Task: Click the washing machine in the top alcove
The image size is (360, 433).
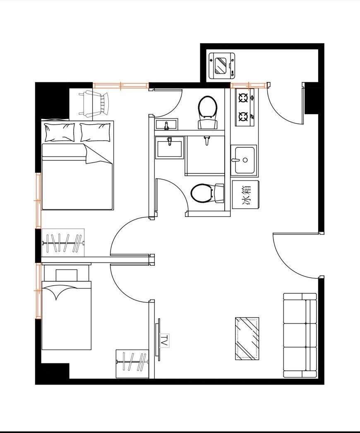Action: pos(222,65)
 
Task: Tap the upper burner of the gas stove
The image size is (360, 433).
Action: pos(243,97)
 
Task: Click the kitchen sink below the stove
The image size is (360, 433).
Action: pos(244,160)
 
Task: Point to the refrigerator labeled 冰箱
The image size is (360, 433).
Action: pos(245,195)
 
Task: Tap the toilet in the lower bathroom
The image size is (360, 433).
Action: pos(207,193)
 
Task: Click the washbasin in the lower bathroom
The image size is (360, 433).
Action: pos(169,147)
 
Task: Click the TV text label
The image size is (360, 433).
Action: pos(165,341)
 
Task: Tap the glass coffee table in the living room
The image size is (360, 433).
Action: pos(247,339)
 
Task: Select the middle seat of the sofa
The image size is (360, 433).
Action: pos(300,335)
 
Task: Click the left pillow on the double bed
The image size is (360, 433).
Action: pos(60,132)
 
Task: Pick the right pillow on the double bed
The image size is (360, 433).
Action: pos(95,132)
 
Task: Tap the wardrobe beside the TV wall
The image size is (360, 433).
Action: pos(132,364)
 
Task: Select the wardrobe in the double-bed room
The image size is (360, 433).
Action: pos(63,243)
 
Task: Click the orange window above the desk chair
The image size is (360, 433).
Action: pos(120,86)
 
